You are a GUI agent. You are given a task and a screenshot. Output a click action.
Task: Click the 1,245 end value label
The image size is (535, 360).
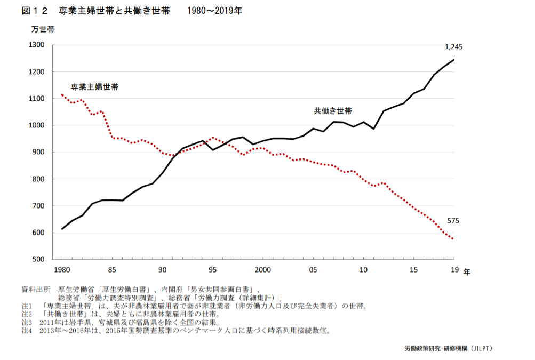[453, 47]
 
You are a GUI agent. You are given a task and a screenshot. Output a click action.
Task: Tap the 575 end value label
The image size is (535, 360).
[453, 221]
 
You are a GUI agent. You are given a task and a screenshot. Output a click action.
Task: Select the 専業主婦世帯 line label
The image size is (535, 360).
[94, 86]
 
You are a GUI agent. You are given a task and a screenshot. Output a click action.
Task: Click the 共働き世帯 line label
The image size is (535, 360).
[333, 111]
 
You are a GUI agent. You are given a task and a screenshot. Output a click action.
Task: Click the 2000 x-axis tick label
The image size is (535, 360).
[263, 270]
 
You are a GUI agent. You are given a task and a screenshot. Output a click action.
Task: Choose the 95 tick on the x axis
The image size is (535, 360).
[213, 270]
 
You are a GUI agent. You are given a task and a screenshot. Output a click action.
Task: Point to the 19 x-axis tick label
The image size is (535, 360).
[453, 270]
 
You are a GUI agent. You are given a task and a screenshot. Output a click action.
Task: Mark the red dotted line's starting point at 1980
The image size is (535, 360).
[62, 94]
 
